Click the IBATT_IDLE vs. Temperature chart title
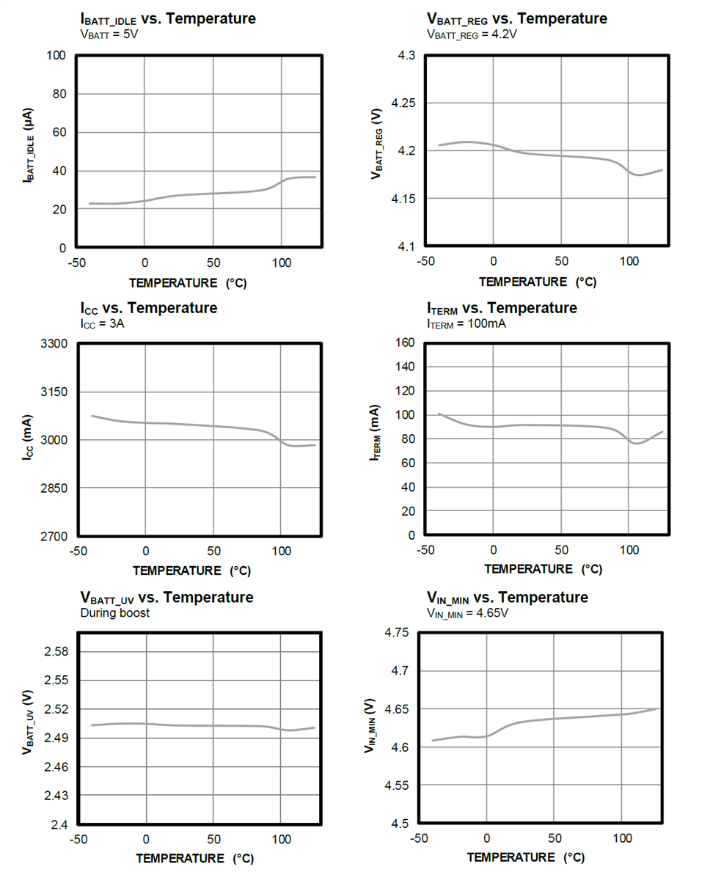167,19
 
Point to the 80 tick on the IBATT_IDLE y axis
57,94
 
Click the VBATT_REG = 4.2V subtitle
472,34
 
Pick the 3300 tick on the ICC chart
54,343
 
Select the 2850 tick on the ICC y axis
54,488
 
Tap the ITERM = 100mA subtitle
466,323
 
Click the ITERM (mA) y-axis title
376,433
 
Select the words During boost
114,612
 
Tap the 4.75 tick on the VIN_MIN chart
396,632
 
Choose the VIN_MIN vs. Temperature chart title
507,597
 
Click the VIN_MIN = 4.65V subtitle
467,612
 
